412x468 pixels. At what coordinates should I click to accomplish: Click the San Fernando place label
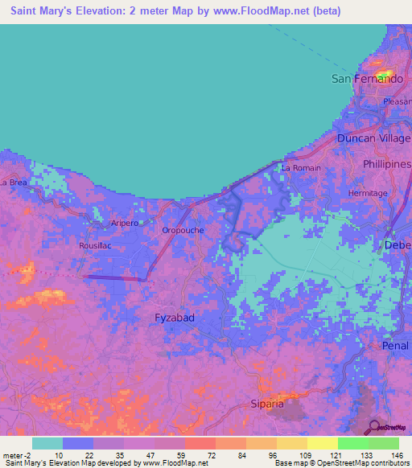point(367,79)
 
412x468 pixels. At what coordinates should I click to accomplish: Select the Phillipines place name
point(386,163)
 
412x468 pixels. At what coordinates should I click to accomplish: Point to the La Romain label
point(301,168)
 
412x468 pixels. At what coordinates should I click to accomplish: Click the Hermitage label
point(369,194)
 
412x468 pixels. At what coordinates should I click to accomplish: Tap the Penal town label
point(396,346)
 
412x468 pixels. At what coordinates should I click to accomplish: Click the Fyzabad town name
point(174,318)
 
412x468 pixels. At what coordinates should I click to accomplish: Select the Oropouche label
point(183,229)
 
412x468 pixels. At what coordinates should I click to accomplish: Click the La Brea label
point(14,183)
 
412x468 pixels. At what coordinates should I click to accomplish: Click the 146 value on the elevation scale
point(397,455)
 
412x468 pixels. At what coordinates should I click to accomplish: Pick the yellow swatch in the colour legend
point(322,443)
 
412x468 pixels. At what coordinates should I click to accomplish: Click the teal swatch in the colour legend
point(47,443)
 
